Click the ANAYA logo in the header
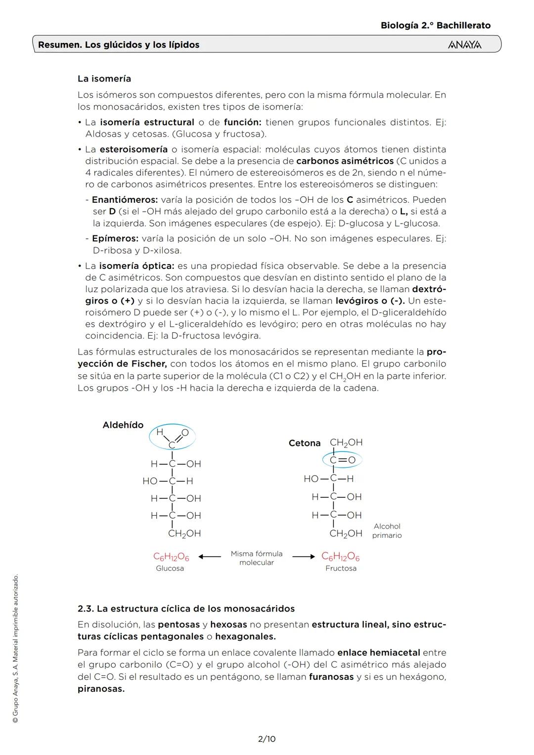click(464, 45)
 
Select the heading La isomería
click(104, 79)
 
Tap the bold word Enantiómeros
click(125, 200)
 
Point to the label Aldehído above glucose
click(123, 425)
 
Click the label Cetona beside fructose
click(305, 443)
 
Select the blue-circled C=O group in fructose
click(342, 460)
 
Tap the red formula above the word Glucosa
click(171, 557)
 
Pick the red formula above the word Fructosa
click(340, 557)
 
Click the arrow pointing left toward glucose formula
click(210, 557)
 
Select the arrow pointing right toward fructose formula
click(303, 557)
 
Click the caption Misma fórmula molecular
click(257, 558)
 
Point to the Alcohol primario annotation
click(387, 531)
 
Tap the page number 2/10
click(267, 739)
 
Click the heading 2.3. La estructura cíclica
click(186, 608)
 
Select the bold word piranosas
click(101, 688)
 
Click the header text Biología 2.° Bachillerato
click(436, 25)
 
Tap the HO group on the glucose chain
click(150, 481)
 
